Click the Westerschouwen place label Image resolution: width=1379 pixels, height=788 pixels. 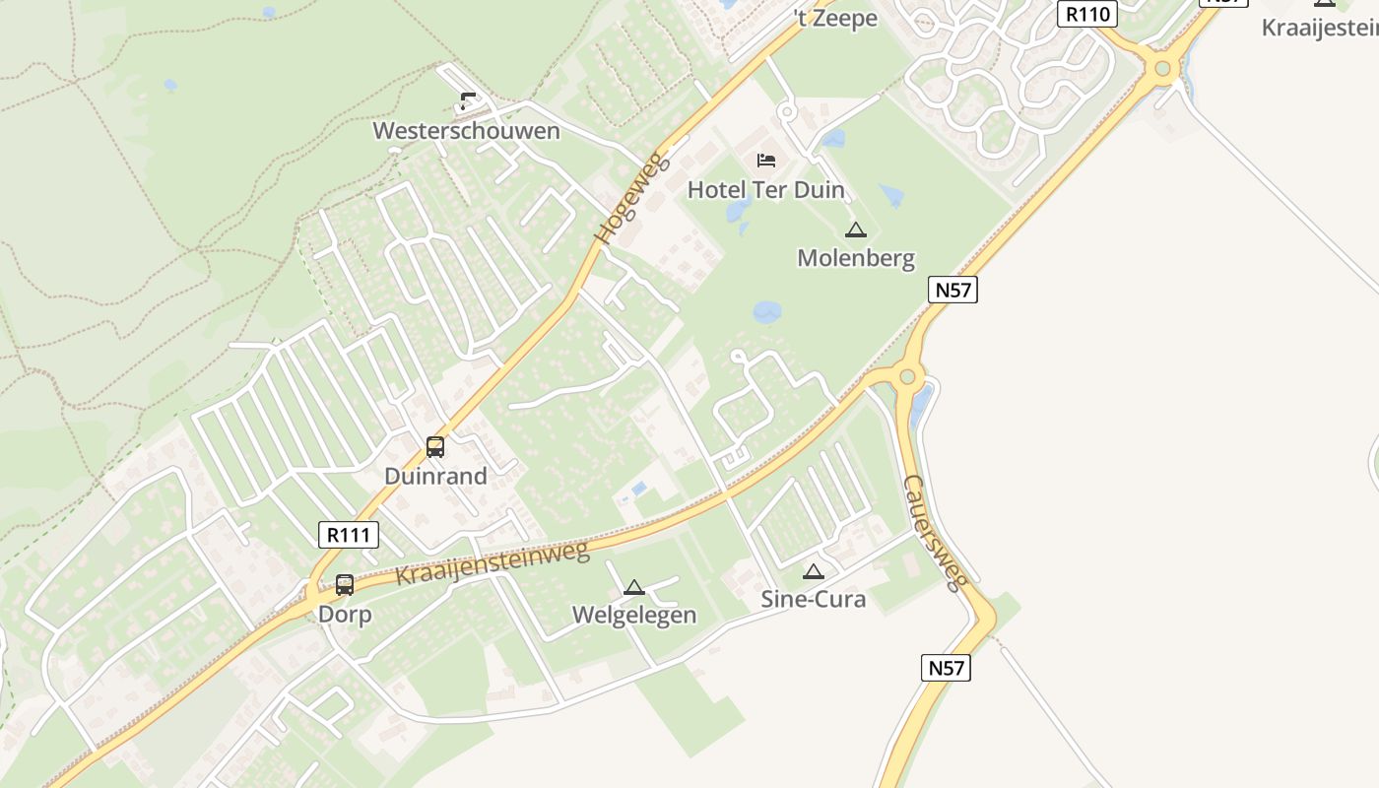coord(466,131)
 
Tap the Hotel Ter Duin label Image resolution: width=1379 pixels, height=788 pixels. coord(765,189)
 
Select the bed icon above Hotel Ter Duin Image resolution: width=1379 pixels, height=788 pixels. coord(765,160)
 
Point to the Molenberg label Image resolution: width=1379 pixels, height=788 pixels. coord(855,258)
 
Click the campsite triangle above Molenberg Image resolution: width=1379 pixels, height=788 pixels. coord(855,230)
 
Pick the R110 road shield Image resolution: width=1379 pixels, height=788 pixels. coord(1087,14)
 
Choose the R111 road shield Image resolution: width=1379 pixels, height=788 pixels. coord(349,535)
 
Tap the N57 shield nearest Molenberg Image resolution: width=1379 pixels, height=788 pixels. coord(952,290)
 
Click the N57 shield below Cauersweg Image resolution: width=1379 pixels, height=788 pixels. coord(947,667)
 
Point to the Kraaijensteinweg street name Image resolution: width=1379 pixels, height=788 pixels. coord(492,563)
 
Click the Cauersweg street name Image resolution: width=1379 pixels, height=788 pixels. coord(936,533)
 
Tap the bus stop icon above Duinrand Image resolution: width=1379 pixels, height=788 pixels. coord(434,447)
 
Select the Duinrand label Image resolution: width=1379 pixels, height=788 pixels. coord(435,476)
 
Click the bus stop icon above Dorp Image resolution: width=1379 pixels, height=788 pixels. coord(345,585)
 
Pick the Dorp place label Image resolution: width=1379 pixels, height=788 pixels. coord(345,615)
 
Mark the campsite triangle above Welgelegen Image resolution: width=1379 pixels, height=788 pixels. coord(634,588)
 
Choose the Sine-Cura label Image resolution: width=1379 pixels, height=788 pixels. coord(813,599)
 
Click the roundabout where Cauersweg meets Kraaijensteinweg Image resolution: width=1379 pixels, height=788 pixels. coord(906,375)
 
